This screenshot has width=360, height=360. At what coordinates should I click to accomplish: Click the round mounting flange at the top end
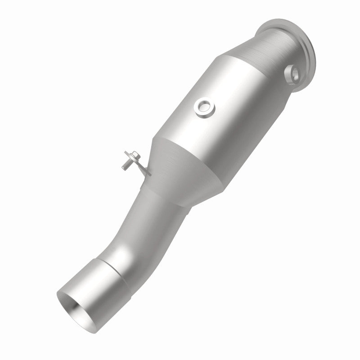click(310, 54)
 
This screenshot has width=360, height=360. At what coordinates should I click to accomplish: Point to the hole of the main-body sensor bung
click(204, 107)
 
